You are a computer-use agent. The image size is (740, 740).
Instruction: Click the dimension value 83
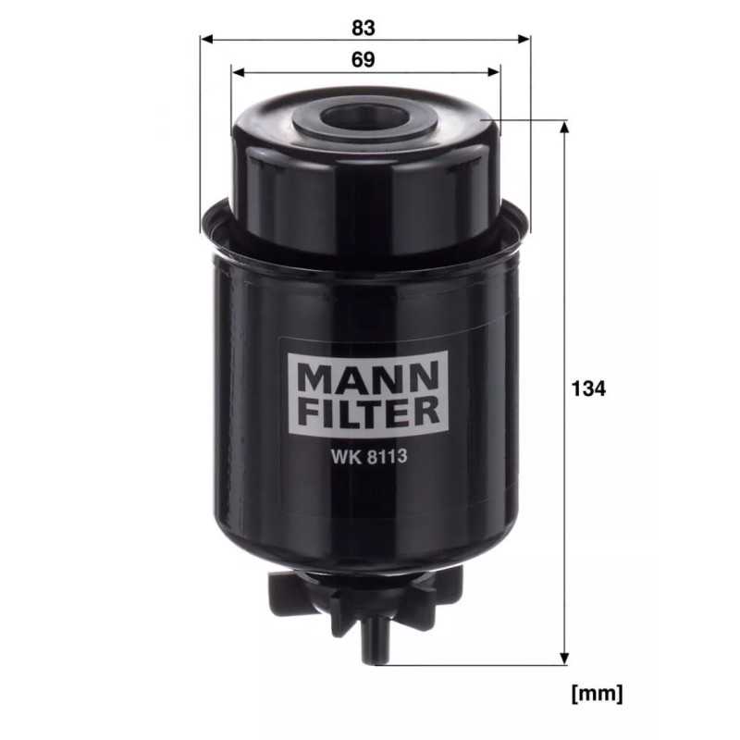[x=364, y=28]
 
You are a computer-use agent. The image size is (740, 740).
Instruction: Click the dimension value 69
[x=364, y=60]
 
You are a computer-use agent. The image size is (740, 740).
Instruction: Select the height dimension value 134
[x=588, y=388]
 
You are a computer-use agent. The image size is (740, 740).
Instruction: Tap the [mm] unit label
[x=598, y=692]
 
